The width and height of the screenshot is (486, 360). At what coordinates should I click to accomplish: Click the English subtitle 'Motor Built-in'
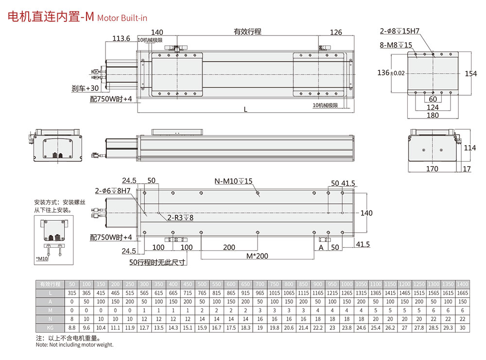click(x=122, y=18)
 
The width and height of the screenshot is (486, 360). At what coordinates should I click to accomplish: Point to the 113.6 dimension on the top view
click(x=121, y=38)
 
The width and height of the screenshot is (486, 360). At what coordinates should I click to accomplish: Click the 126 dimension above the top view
click(x=336, y=33)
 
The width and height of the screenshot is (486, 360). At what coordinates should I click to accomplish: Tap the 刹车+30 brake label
click(x=85, y=88)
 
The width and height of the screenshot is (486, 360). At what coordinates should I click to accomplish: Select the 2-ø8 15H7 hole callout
click(x=399, y=31)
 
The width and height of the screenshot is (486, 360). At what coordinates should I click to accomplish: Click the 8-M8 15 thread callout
click(x=396, y=45)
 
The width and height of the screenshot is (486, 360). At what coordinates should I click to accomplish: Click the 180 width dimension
click(x=433, y=115)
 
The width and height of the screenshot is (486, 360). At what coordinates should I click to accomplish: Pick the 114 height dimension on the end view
click(x=469, y=148)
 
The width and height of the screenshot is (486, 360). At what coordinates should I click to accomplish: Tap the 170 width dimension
click(x=432, y=169)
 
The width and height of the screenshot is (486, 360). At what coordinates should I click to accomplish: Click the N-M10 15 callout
click(x=234, y=182)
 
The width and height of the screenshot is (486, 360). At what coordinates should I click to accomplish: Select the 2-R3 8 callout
click(x=180, y=218)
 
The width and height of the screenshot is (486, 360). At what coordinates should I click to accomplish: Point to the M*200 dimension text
click(x=257, y=256)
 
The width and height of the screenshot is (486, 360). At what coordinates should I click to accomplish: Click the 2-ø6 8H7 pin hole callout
click(x=113, y=191)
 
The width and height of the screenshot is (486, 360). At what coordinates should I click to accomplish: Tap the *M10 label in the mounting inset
click(x=43, y=259)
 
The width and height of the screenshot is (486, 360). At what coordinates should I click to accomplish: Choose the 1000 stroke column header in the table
click(x=347, y=284)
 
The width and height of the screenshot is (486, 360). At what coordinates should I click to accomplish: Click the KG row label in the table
click(x=50, y=328)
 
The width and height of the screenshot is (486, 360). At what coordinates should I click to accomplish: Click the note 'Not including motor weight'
click(x=74, y=344)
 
